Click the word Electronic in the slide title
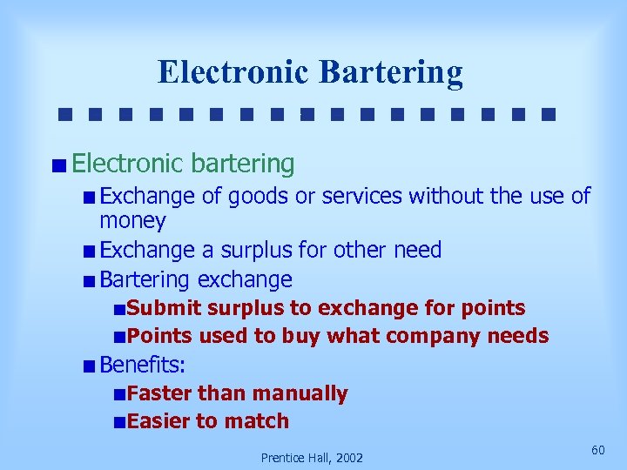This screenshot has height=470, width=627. [x=233, y=71]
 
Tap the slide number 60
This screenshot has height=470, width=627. [x=597, y=449]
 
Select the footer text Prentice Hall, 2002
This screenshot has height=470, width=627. [x=312, y=457]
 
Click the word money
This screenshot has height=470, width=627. [x=132, y=221]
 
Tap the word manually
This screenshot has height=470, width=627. [x=300, y=393]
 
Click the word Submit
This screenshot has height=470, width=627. [x=164, y=308]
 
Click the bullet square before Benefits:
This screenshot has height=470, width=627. [x=91, y=366]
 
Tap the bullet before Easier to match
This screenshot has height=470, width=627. [x=118, y=422]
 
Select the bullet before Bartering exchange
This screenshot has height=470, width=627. [x=91, y=280]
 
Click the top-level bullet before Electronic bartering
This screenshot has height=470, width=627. [x=58, y=164]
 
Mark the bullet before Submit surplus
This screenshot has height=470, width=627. [x=118, y=309]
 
